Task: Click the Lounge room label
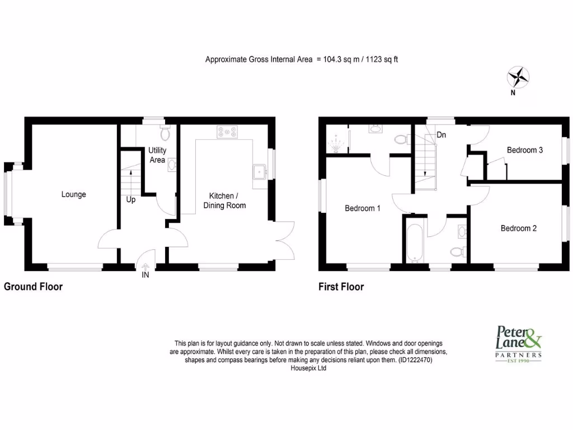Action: (x=74, y=195)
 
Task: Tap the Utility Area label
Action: (x=157, y=155)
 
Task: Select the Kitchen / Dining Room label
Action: (x=224, y=200)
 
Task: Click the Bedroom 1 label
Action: (x=363, y=208)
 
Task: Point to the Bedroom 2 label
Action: (x=519, y=228)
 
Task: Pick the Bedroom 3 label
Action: (x=525, y=150)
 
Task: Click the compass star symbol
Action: (x=518, y=76)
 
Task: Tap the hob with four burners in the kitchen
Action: (x=227, y=132)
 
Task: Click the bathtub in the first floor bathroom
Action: (x=414, y=242)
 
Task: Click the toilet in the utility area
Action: (x=165, y=133)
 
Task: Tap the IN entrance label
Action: (x=145, y=275)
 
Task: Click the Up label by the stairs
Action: (x=130, y=199)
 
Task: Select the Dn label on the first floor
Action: (x=441, y=135)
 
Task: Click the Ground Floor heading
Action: (x=33, y=287)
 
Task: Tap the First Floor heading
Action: (x=341, y=287)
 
